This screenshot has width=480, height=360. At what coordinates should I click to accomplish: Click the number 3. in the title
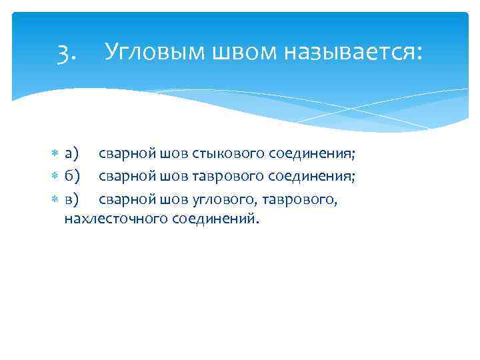(67, 52)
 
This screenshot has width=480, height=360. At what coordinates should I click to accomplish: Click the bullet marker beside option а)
(55, 155)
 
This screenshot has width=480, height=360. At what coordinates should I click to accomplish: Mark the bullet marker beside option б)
(55, 177)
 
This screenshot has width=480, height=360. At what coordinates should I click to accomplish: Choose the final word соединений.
(214, 219)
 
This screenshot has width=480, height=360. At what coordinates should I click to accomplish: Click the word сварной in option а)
(127, 155)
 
